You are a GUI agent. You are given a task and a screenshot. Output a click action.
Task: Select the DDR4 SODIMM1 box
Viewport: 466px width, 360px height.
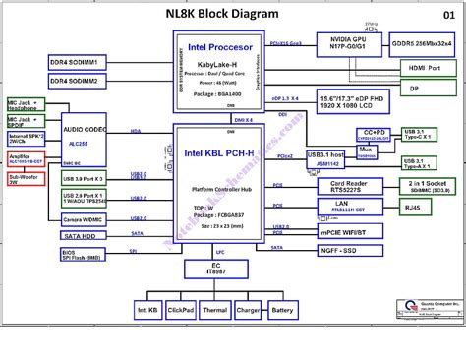tap(87, 60)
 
